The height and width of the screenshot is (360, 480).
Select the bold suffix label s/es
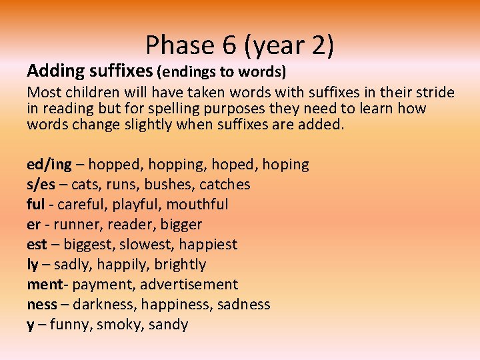click(x=42, y=185)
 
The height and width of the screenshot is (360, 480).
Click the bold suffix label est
click(x=37, y=245)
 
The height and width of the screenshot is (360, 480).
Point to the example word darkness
click(x=101, y=305)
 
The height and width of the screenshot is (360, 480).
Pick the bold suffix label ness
click(x=41, y=305)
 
